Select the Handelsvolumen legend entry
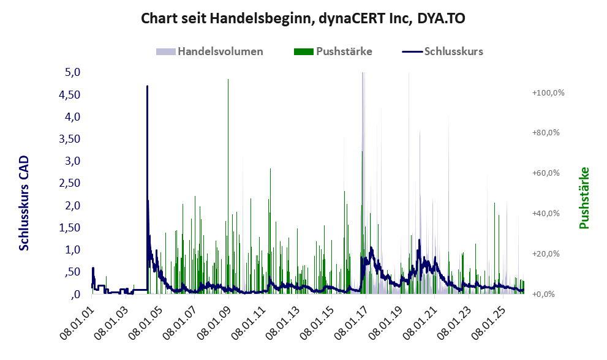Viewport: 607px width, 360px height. point(221,51)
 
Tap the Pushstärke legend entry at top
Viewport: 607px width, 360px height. point(344,51)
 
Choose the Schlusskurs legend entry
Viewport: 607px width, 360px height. point(453,51)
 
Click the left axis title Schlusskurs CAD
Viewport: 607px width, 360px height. point(25,203)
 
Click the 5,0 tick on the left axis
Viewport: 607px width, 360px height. point(73,72)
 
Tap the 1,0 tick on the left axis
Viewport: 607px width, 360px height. point(73,250)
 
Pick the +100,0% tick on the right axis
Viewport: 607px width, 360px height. point(548,92)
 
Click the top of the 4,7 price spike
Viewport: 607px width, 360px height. point(147,86)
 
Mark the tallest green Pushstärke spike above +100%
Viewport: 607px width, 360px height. point(228,80)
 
